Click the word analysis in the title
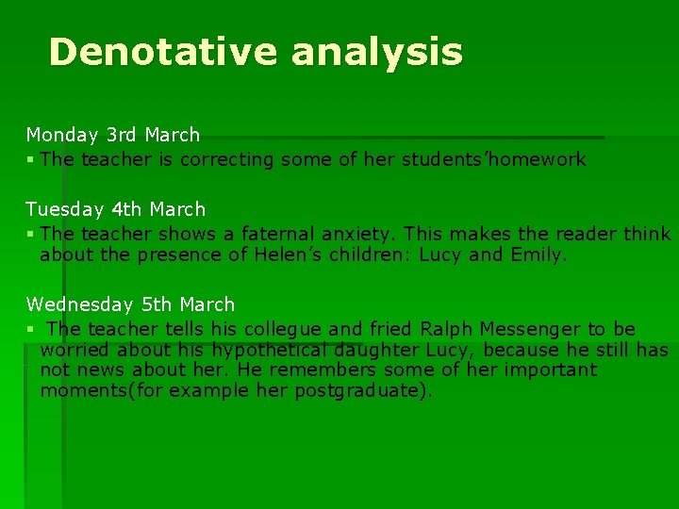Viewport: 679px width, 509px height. [377, 53]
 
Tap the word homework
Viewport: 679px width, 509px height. [535, 159]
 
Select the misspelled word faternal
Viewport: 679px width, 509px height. [278, 234]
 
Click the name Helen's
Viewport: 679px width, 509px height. [289, 254]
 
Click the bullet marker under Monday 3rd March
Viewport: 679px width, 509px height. [30, 159]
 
